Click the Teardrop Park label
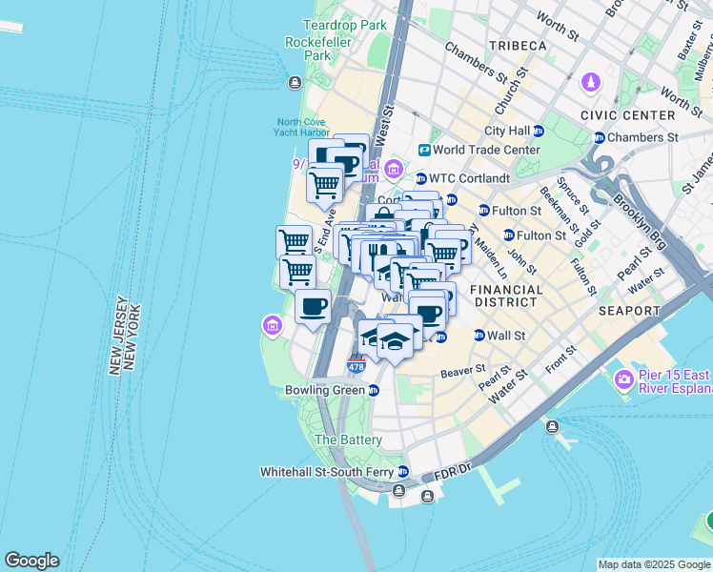[x=345, y=25]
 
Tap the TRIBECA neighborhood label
[x=518, y=46]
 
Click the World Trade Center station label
[x=486, y=150]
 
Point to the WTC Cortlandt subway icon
[x=420, y=178]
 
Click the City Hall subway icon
[x=539, y=131]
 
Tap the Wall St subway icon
[x=479, y=336]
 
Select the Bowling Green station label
[x=325, y=390]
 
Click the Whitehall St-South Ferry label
[x=328, y=472]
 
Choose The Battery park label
[x=348, y=439]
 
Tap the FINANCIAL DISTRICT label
[x=506, y=296]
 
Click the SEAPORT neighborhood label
[x=628, y=311]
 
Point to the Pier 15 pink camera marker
[x=624, y=380]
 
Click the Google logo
[x=31, y=561]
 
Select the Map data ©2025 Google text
[x=653, y=564]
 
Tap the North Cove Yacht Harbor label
[x=303, y=127]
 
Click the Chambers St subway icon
[x=600, y=137]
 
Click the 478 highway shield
[x=355, y=366]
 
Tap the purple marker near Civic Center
[x=591, y=83]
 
